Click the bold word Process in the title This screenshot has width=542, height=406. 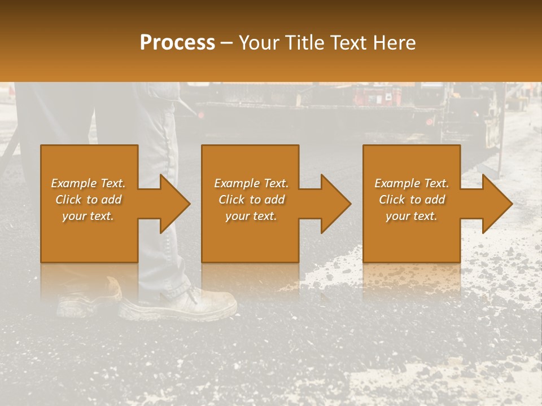177,42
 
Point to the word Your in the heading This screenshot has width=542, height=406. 259,43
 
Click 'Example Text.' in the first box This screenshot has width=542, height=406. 88,183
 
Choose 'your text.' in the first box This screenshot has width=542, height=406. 88,216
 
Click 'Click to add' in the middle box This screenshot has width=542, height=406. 251,200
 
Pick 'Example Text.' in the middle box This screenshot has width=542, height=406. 251,183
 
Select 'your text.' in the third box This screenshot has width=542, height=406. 412,216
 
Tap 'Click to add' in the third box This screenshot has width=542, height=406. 412,200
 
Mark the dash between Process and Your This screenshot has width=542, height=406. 227,43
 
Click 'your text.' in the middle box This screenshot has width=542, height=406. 251,216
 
